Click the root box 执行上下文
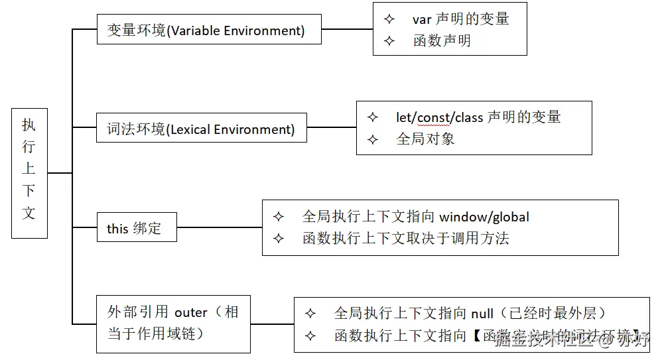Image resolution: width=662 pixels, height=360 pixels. (29, 172)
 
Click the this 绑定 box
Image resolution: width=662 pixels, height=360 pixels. (137, 228)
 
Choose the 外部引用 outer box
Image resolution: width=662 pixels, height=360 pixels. (173, 324)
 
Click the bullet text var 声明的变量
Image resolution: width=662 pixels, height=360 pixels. (460, 19)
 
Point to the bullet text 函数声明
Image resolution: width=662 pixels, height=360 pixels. (441, 41)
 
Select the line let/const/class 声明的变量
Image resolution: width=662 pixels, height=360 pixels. (478, 117)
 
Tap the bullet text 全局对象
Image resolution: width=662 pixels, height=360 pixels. (425, 139)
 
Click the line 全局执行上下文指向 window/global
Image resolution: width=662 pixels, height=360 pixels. (415, 217)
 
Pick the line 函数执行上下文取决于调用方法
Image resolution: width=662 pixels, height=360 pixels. (405, 238)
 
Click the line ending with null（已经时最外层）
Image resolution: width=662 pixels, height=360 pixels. (470, 314)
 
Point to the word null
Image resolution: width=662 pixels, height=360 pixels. (482, 314)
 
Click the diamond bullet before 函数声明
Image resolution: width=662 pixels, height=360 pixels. (389, 41)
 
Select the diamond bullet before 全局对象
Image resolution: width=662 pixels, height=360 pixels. (373, 139)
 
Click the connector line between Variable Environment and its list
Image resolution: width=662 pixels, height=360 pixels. (347, 29)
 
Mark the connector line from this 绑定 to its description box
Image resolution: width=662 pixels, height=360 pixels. (219, 227)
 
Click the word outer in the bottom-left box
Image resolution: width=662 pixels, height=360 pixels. (191, 312)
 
